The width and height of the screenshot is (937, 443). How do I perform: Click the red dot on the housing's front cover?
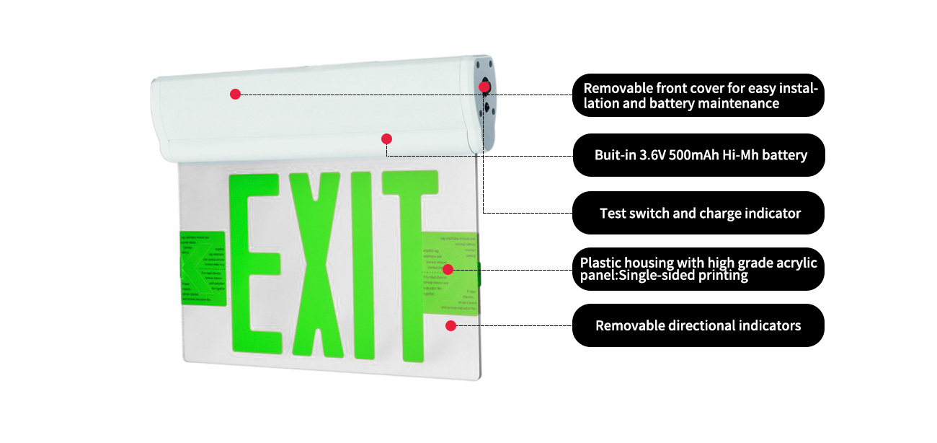tap(235, 94)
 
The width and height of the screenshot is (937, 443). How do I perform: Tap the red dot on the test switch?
tap(484, 87)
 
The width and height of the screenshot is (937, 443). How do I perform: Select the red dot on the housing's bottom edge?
tap(386, 138)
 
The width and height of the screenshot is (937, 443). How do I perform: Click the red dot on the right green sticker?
tap(448, 269)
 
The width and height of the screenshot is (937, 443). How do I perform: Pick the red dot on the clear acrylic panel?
tap(451, 325)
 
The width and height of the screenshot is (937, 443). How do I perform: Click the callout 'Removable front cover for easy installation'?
tap(698, 95)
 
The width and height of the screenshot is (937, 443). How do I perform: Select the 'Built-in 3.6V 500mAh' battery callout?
tap(698, 155)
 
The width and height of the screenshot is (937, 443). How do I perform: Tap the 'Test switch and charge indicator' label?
tap(698, 214)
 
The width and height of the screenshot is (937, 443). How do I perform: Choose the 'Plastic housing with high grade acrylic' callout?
tap(698, 268)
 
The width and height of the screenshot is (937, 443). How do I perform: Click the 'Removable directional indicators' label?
tap(698, 325)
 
